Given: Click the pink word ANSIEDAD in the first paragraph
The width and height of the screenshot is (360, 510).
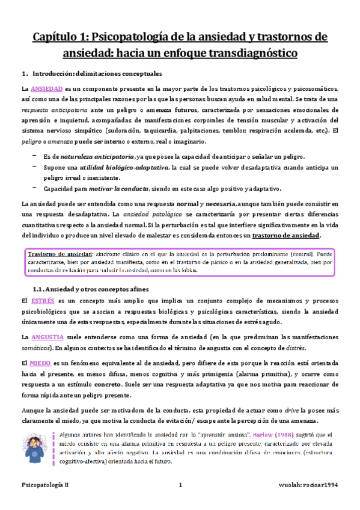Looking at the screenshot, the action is pos(46,88).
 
